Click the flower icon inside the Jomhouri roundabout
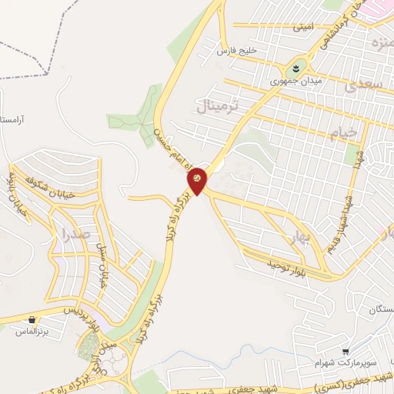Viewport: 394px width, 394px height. [297, 67]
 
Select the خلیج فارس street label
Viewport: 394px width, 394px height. [235, 51]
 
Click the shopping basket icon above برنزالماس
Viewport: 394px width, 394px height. [32, 319]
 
